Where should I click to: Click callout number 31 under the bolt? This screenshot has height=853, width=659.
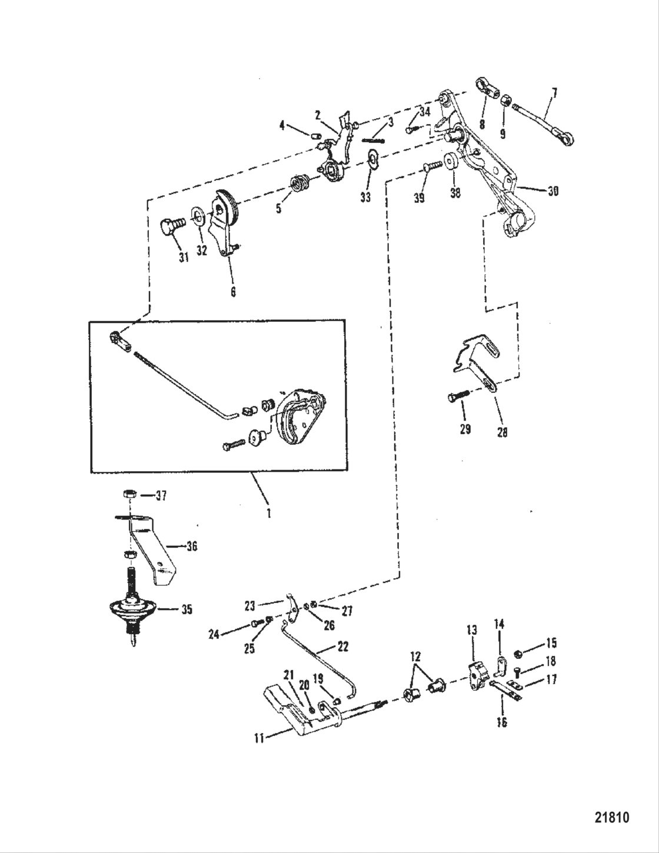(x=184, y=257)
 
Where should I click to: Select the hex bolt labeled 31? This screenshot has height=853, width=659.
(x=170, y=227)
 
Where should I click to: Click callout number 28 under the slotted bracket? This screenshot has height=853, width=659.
(x=502, y=432)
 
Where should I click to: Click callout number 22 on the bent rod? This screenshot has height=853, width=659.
(x=342, y=647)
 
